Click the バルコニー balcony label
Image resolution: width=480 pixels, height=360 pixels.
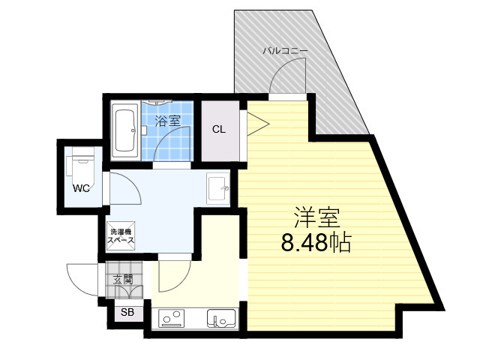pyautogui.click(x=285, y=50)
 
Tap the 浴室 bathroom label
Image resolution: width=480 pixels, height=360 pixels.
pyautogui.click(x=167, y=121)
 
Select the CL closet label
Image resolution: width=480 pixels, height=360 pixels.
pyautogui.click(x=219, y=130)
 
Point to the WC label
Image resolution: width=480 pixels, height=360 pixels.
pyautogui.click(x=81, y=188)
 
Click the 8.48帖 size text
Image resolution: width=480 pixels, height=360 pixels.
pyautogui.click(x=316, y=242)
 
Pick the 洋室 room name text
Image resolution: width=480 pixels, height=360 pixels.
pyautogui.click(x=316, y=217)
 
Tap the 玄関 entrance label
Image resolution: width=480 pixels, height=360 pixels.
pyautogui.click(x=123, y=280)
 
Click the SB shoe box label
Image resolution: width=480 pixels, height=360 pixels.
pyautogui.click(x=127, y=312)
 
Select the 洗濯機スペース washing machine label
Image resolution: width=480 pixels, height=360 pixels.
pyautogui.click(x=121, y=236)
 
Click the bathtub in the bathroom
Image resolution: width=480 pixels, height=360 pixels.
pyautogui.click(x=125, y=131)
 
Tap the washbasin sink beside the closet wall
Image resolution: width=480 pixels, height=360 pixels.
pyautogui.click(x=218, y=188)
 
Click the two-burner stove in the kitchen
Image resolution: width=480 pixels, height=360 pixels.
pyautogui.click(x=172, y=318)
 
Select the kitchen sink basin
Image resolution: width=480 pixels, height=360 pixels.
pyautogui.click(x=221, y=318)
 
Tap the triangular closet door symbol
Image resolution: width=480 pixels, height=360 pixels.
pyautogui.click(x=258, y=124)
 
